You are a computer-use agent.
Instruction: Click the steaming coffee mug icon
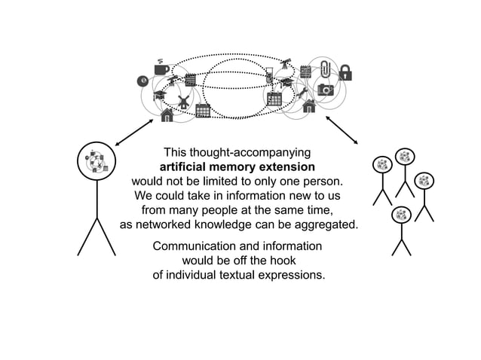[161, 68]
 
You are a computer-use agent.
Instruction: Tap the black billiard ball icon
[142, 81]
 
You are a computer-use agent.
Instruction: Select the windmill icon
[183, 101]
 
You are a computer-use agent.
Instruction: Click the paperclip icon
[325, 68]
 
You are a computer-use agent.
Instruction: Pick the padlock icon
[345, 72]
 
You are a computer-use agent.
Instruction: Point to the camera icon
[325, 90]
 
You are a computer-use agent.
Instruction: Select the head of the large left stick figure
[97, 161]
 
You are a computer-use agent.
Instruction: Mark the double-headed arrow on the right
[342, 130]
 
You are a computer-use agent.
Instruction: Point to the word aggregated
[323, 224]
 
